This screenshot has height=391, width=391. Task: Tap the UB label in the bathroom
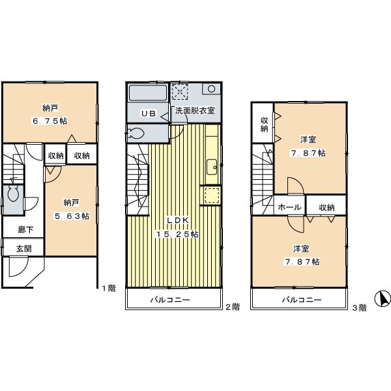click(149, 113)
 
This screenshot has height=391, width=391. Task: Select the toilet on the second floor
click(138, 134)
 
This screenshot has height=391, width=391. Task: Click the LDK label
click(176, 220)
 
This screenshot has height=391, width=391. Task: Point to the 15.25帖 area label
click(176, 233)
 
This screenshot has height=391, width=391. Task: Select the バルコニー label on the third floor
click(302, 301)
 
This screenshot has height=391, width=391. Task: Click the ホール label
click(289, 207)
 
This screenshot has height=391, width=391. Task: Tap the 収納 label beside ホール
click(327, 207)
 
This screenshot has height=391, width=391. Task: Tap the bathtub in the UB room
click(149, 93)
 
